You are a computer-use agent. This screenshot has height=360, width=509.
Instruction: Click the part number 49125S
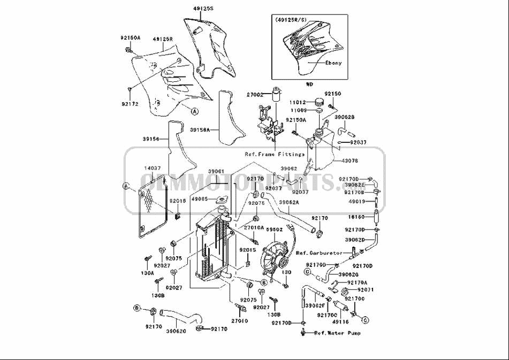point(203,9)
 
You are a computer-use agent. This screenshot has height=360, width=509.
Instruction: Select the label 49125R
point(162,39)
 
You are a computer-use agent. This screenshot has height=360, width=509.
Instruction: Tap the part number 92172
point(130,104)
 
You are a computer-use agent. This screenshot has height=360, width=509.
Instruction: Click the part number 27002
point(255,94)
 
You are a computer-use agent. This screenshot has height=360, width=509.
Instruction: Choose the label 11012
point(298,102)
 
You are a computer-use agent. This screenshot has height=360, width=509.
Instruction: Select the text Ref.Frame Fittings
point(275,154)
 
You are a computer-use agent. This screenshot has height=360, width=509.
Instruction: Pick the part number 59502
point(274,229)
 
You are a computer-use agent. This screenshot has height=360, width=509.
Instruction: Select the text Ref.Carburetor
point(319,252)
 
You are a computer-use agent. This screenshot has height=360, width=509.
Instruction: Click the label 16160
point(357,218)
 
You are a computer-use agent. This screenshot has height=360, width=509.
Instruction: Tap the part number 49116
point(340,322)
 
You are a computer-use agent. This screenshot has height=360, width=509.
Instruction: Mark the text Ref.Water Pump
point(337,333)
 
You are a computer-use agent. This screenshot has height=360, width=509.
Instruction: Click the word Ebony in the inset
point(333,63)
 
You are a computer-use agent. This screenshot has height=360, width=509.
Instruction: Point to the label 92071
point(365,289)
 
